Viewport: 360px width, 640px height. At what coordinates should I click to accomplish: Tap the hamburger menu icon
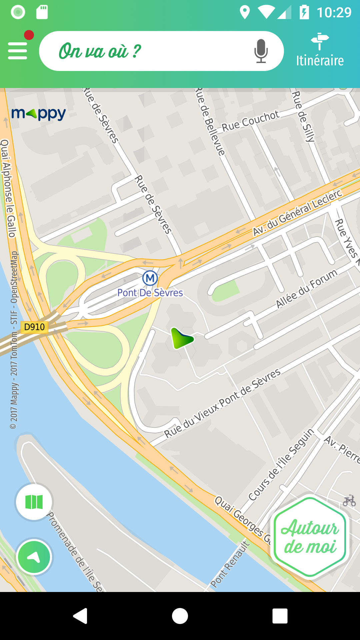click(17, 51)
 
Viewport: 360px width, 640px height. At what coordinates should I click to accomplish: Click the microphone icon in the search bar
click(261, 51)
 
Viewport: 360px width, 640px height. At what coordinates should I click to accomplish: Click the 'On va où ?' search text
click(100, 51)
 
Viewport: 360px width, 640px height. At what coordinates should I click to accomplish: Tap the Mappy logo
click(38, 114)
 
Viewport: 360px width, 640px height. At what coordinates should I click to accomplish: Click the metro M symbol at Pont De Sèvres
click(150, 278)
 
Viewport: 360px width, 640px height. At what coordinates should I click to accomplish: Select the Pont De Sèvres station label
click(150, 293)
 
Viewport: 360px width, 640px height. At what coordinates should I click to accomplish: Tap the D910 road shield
click(34, 327)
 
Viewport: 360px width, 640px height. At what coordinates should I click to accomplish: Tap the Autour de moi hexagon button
click(310, 537)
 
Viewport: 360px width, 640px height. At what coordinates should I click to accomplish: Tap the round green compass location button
click(34, 557)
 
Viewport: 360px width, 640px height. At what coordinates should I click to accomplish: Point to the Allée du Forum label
click(307, 289)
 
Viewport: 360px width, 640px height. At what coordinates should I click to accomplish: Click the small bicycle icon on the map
click(349, 500)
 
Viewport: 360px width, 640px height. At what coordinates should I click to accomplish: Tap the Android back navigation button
click(80, 616)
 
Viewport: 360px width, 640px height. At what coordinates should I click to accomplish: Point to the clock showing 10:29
click(334, 13)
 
